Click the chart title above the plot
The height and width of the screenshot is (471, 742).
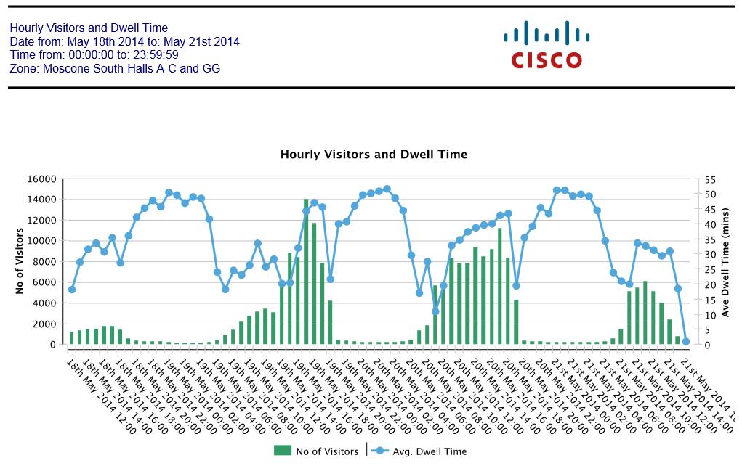click(374, 155)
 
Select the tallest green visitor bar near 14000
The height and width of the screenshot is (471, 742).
click(306, 271)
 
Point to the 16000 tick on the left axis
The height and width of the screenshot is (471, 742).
click(42, 179)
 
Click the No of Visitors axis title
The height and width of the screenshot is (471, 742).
click(20, 262)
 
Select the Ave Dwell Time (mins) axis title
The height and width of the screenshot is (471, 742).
click(725, 262)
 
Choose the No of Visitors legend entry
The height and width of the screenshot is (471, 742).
click(317, 451)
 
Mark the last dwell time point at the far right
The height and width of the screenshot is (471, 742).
click(685, 341)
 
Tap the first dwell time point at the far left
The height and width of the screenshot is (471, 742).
click(71, 290)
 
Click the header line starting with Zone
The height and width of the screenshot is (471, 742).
click(115, 69)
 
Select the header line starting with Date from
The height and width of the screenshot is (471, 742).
click(124, 42)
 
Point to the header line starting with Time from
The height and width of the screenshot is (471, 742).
click(94, 55)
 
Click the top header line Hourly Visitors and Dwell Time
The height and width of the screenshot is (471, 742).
click(89, 28)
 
